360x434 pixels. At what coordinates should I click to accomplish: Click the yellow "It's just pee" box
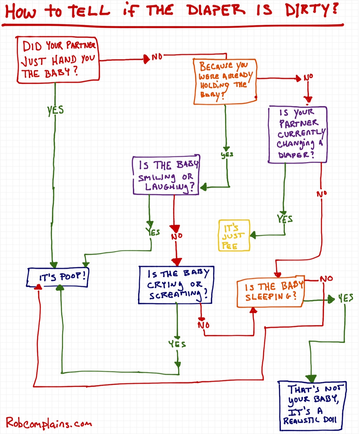(234, 235)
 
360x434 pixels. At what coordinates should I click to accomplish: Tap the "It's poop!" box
(58, 277)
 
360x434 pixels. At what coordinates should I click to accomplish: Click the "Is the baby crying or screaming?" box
(176, 284)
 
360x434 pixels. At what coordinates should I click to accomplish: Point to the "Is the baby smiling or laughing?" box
(166, 175)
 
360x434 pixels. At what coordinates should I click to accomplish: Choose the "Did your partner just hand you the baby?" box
(58, 60)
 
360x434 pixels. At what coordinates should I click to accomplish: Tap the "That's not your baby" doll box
(312, 406)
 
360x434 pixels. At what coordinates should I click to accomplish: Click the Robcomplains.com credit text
(49, 423)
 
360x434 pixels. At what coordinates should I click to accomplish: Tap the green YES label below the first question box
(55, 110)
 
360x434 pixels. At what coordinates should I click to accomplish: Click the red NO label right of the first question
(157, 57)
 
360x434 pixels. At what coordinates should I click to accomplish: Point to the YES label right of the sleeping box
(346, 298)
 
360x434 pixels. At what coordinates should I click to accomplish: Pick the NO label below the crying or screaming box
(204, 325)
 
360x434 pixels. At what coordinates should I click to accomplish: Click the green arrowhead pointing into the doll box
(311, 378)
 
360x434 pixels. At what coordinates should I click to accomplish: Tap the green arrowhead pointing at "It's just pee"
(253, 235)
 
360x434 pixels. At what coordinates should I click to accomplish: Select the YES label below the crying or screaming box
(177, 344)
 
